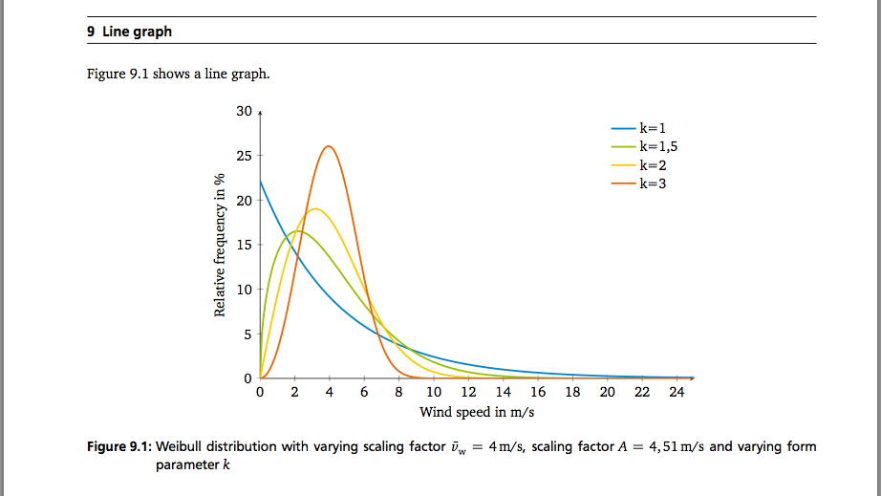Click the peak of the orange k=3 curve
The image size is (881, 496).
pyautogui.click(x=329, y=146)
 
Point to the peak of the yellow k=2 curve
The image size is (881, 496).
pyautogui.click(x=313, y=208)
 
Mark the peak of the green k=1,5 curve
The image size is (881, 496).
pyautogui.click(x=297, y=230)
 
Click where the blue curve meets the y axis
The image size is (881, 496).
pyautogui.click(x=260, y=181)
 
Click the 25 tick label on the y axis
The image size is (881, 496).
pyautogui.click(x=244, y=156)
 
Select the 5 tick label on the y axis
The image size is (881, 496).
pyautogui.click(x=247, y=334)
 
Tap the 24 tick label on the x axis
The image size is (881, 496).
pyautogui.click(x=677, y=392)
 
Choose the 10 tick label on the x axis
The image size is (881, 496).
pyautogui.click(x=434, y=392)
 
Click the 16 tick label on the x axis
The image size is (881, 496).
pyautogui.click(x=538, y=392)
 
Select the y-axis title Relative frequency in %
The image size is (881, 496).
pyautogui.click(x=220, y=245)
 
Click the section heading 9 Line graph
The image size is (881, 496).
pyautogui.click(x=130, y=32)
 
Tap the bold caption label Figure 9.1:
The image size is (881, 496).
pyautogui.click(x=118, y=446)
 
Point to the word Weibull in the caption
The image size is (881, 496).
pyautogui.click(x=181, y=446)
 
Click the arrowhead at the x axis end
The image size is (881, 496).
pyautogui.click(x=692, y=377)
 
